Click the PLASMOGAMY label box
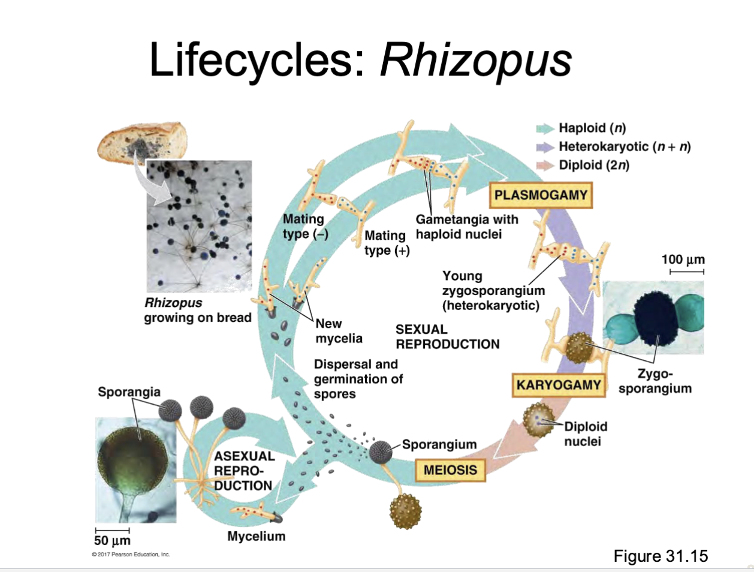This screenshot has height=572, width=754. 541,195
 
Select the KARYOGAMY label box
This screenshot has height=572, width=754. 559,385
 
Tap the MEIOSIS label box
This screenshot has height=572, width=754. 450,470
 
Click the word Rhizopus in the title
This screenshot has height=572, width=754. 476,60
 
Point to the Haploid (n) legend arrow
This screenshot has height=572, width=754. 545,128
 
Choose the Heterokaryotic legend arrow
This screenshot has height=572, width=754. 545,147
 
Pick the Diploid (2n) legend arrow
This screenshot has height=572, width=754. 545,165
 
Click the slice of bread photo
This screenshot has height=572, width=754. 142,142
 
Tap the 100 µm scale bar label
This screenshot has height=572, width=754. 683,260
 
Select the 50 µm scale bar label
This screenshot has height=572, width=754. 112,540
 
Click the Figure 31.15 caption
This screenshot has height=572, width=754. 660,556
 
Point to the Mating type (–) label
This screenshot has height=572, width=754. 304,227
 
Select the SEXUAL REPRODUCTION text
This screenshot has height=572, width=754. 447,337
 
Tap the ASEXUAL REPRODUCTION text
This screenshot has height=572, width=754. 244,471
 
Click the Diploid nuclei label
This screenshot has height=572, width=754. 585,433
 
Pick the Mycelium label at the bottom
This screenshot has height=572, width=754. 256,536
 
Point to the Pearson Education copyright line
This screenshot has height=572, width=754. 131,555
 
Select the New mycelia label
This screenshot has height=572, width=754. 339,331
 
